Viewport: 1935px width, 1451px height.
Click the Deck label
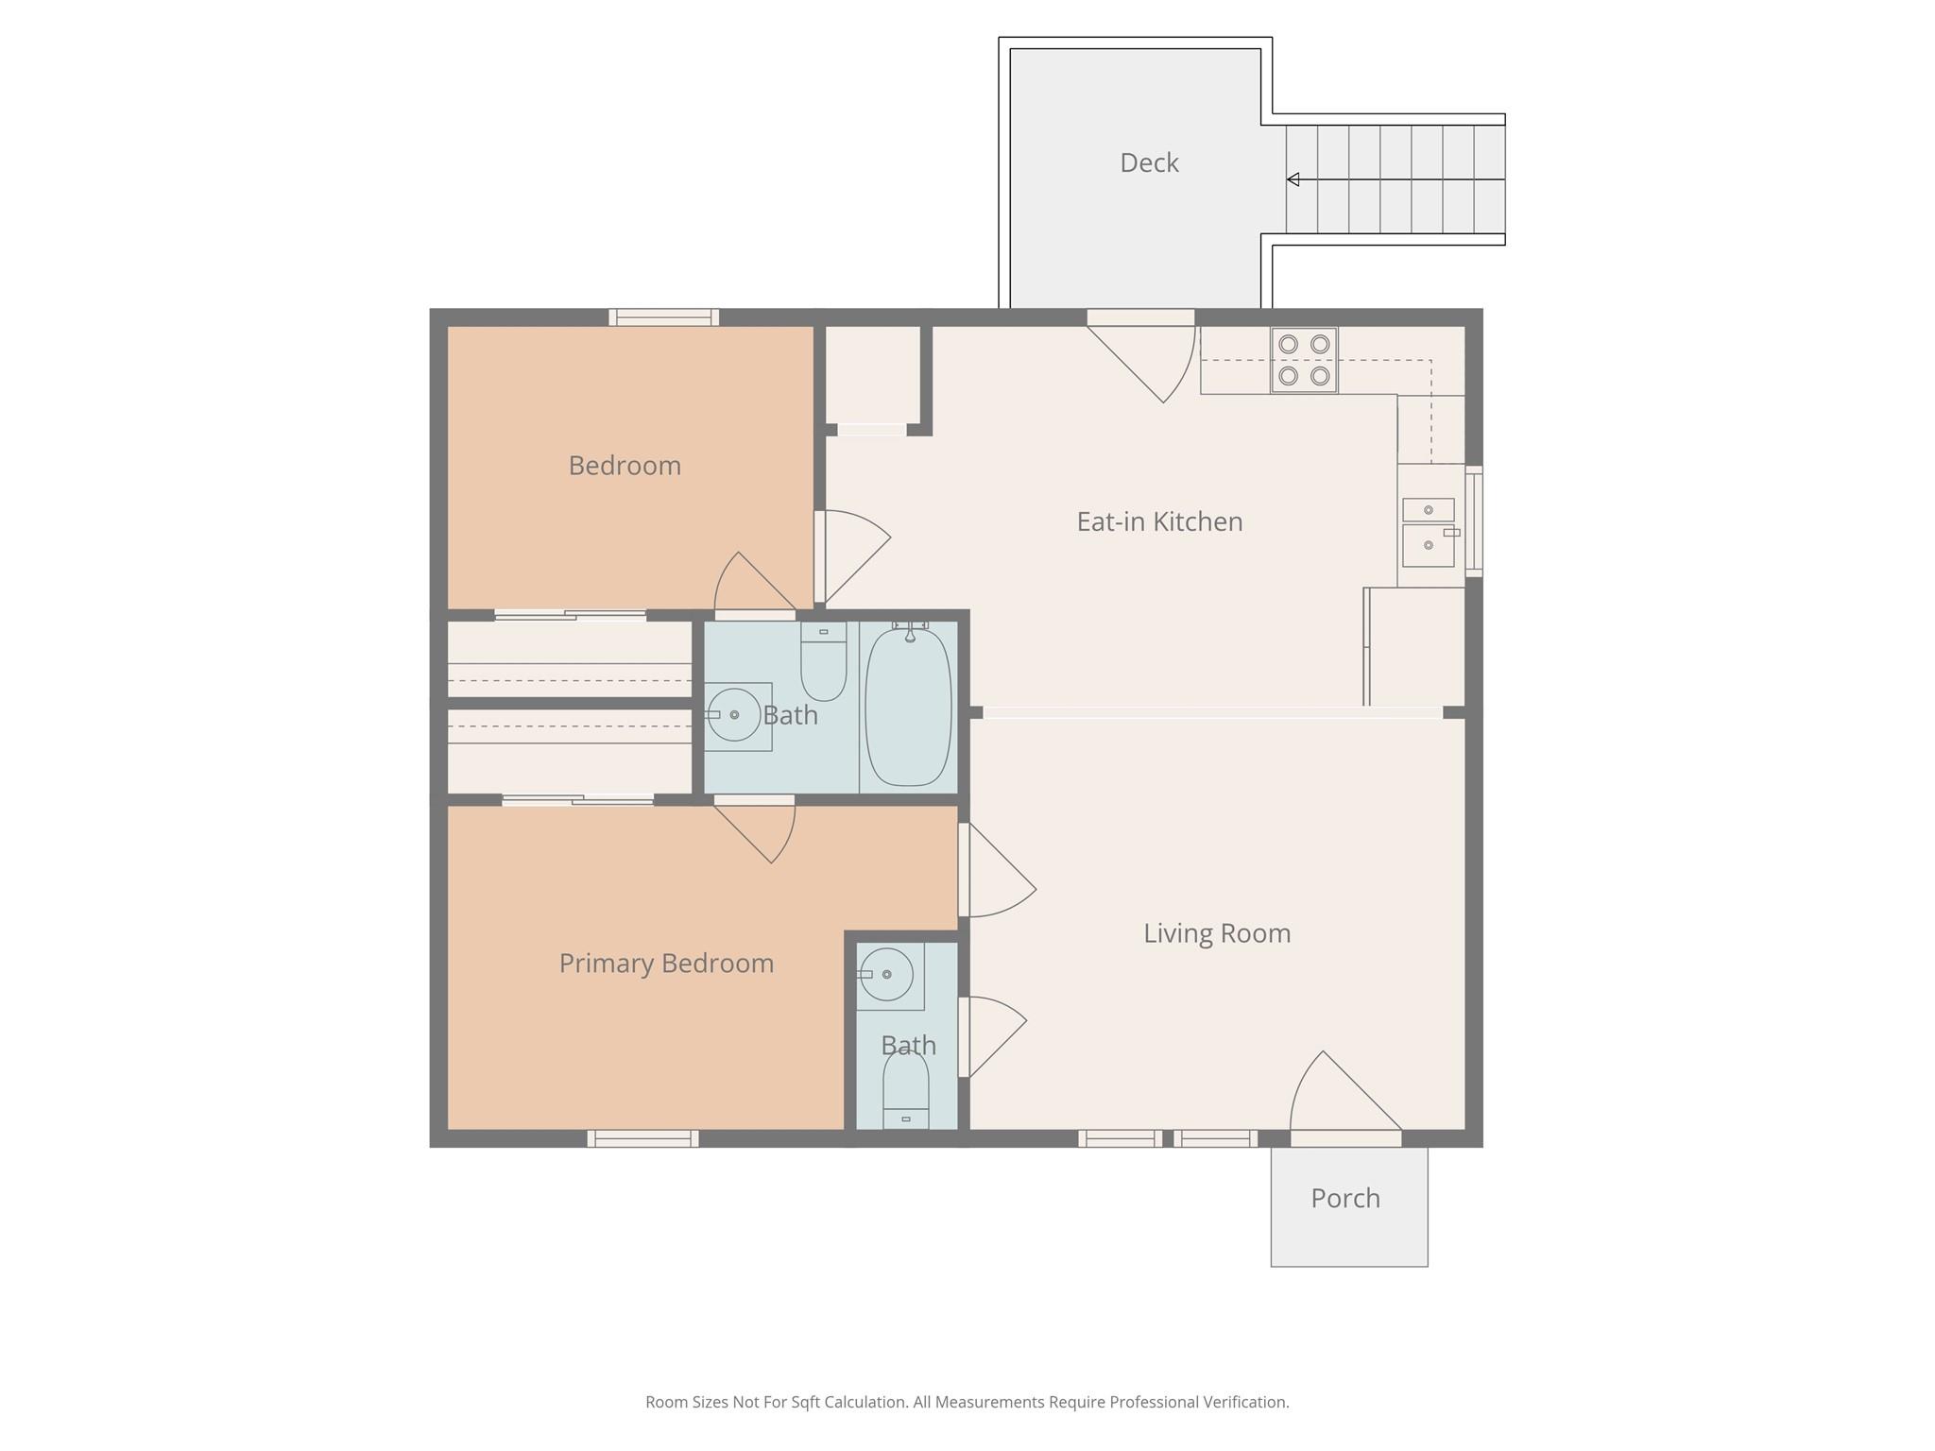pyautogui.click(x=1149, y=162)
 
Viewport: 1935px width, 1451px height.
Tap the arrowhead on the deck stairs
pyautogui.click(x=1293, y=179)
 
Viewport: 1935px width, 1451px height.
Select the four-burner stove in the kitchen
pyautogui.click(x=1304, y=360)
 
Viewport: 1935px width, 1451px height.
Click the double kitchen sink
pyautogui.click(x=1428, y=532)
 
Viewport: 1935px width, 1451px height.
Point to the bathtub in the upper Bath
pyautogui.click(x=908, y=706)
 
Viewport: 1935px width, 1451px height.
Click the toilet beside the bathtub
pyautogui.click(x=823, y=661)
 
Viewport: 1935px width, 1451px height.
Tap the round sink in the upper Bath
pyautogui.click(x=734, y=715)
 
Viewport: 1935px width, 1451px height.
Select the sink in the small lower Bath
pyautogui.click(x=886, y=974)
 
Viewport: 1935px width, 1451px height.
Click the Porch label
pyautogui.click(x=1345, y=1198)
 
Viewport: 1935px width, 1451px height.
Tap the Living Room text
pyautogui.click(x=1217, y=933)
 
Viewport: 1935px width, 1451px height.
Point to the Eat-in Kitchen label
pyautogui.click(x=1159, y=521)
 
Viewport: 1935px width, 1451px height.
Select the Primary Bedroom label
pyautogui.click(x=666, y=964)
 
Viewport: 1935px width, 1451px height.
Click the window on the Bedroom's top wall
pyautogui.click(x=663, y=317)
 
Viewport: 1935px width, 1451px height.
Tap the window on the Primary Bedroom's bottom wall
pyautogui.click(x=642, y=1138)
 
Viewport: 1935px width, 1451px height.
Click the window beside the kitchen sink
pyautogui.click(x=1474, y=521)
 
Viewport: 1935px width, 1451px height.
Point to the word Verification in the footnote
pyautogui.click(x=1245, y=1402)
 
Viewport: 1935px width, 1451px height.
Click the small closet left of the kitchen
pyautogui.click(x=873, y=375)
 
